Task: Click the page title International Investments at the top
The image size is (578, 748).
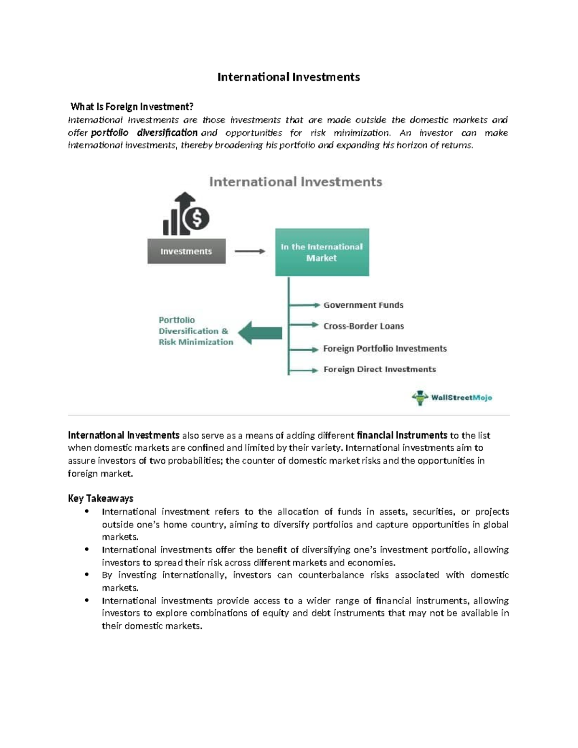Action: click(x=289, y=77)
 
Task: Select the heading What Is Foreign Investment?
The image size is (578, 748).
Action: click(x=131, y=106)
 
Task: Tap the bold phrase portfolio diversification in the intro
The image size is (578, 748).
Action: click(x=144, y=132)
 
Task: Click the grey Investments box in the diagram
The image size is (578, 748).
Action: click(x=186, y=251)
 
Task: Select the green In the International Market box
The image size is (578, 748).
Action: click(x=322, y=252)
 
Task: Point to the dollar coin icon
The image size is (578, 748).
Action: click(x=197, y=218)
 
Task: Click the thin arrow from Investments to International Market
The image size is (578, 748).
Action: click(x=250, y=251)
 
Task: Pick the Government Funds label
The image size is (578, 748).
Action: click(x=363, y=305)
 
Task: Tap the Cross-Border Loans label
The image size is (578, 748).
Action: click(x=364, y=326)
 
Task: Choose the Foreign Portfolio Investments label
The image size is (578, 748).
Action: click(x=385, y=348)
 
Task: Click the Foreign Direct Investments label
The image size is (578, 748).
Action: click(x=380, y=369)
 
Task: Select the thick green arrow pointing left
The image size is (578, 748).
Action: click(x=260, y=333)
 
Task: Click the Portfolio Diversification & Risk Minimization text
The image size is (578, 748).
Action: click(x=196, y=331)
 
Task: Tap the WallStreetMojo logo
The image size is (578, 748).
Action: click(x=452, y=398)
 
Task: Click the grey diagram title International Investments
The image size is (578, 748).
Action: click(x=296, y=182)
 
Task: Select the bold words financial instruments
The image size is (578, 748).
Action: click(x=402, y=435)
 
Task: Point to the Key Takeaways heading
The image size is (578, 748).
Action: click(x=100, y=499)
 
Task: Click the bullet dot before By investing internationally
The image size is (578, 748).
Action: click(x=87, y=575)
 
